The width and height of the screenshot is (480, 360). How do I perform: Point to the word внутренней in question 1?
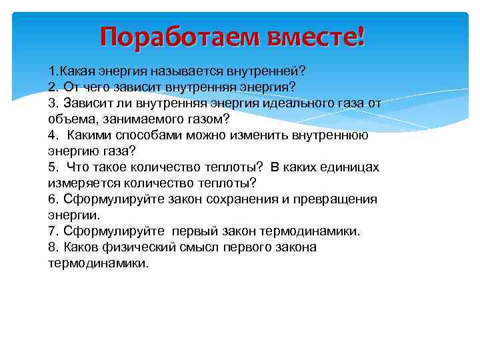[257, 71]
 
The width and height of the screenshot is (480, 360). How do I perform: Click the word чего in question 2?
[100, 87]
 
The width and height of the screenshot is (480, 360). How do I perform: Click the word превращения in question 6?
[339, 199]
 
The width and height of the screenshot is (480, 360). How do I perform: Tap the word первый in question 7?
[195, 231]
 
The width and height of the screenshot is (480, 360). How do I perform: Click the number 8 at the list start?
[52, 247]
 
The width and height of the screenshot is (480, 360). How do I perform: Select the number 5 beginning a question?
[52, 167]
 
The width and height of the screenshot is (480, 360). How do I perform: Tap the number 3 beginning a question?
[52, 103]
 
